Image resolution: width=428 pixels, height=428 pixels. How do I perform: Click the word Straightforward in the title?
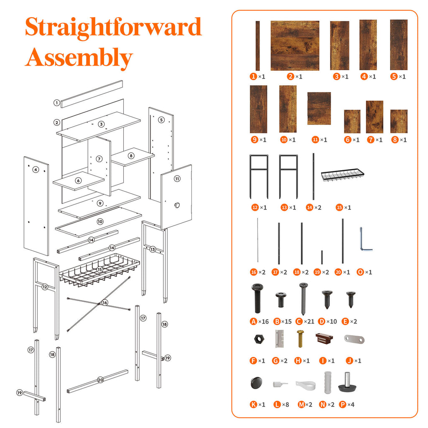(113, 27)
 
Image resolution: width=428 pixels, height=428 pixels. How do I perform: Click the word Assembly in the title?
(79, 58)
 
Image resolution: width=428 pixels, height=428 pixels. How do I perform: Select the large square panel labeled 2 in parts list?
(295, 46)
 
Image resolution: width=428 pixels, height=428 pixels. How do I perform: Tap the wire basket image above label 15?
(343, 175)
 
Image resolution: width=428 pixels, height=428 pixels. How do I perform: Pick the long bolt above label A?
(257, 298)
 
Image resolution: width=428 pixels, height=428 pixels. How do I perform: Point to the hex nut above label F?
(259, 339)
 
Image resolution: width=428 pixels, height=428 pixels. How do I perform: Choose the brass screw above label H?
(300, 339)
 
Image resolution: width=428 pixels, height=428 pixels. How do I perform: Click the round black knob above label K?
(256, 383)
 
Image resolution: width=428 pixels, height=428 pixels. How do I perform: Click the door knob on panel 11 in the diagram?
(177, 205)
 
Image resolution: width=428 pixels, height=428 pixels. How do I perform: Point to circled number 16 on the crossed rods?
(105, 303)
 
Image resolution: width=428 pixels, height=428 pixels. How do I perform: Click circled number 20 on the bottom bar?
(100, 380)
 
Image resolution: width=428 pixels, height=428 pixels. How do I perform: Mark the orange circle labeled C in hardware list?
(299, 321)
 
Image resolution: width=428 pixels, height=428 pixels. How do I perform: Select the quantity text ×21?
(309, 321)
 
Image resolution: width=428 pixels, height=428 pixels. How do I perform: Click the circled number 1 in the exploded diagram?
(56, 103)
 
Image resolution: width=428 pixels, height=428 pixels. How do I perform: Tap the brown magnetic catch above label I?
(324, 339)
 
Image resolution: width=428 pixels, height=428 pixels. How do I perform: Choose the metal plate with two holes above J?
(354, 339)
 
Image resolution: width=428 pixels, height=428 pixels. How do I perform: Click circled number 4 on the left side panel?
(36, 170)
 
